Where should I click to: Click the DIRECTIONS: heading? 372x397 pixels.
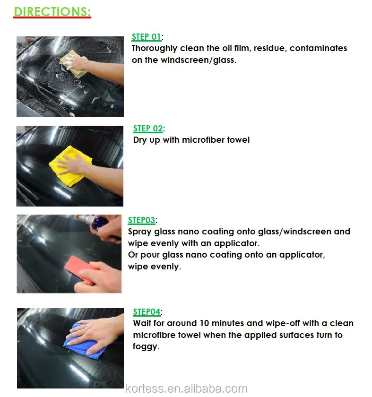click(52, 11)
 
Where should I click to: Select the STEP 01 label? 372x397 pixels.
click(146, 37)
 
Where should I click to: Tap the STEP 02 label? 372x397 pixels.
click(148, 129)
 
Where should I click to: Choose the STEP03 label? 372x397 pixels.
click(141, 220)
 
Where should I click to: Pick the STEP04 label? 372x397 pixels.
click(147, 312)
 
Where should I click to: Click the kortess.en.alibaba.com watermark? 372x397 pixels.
click(186, 389)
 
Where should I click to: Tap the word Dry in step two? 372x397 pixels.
click(140, 140)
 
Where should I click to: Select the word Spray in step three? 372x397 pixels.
click(139, 232)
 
